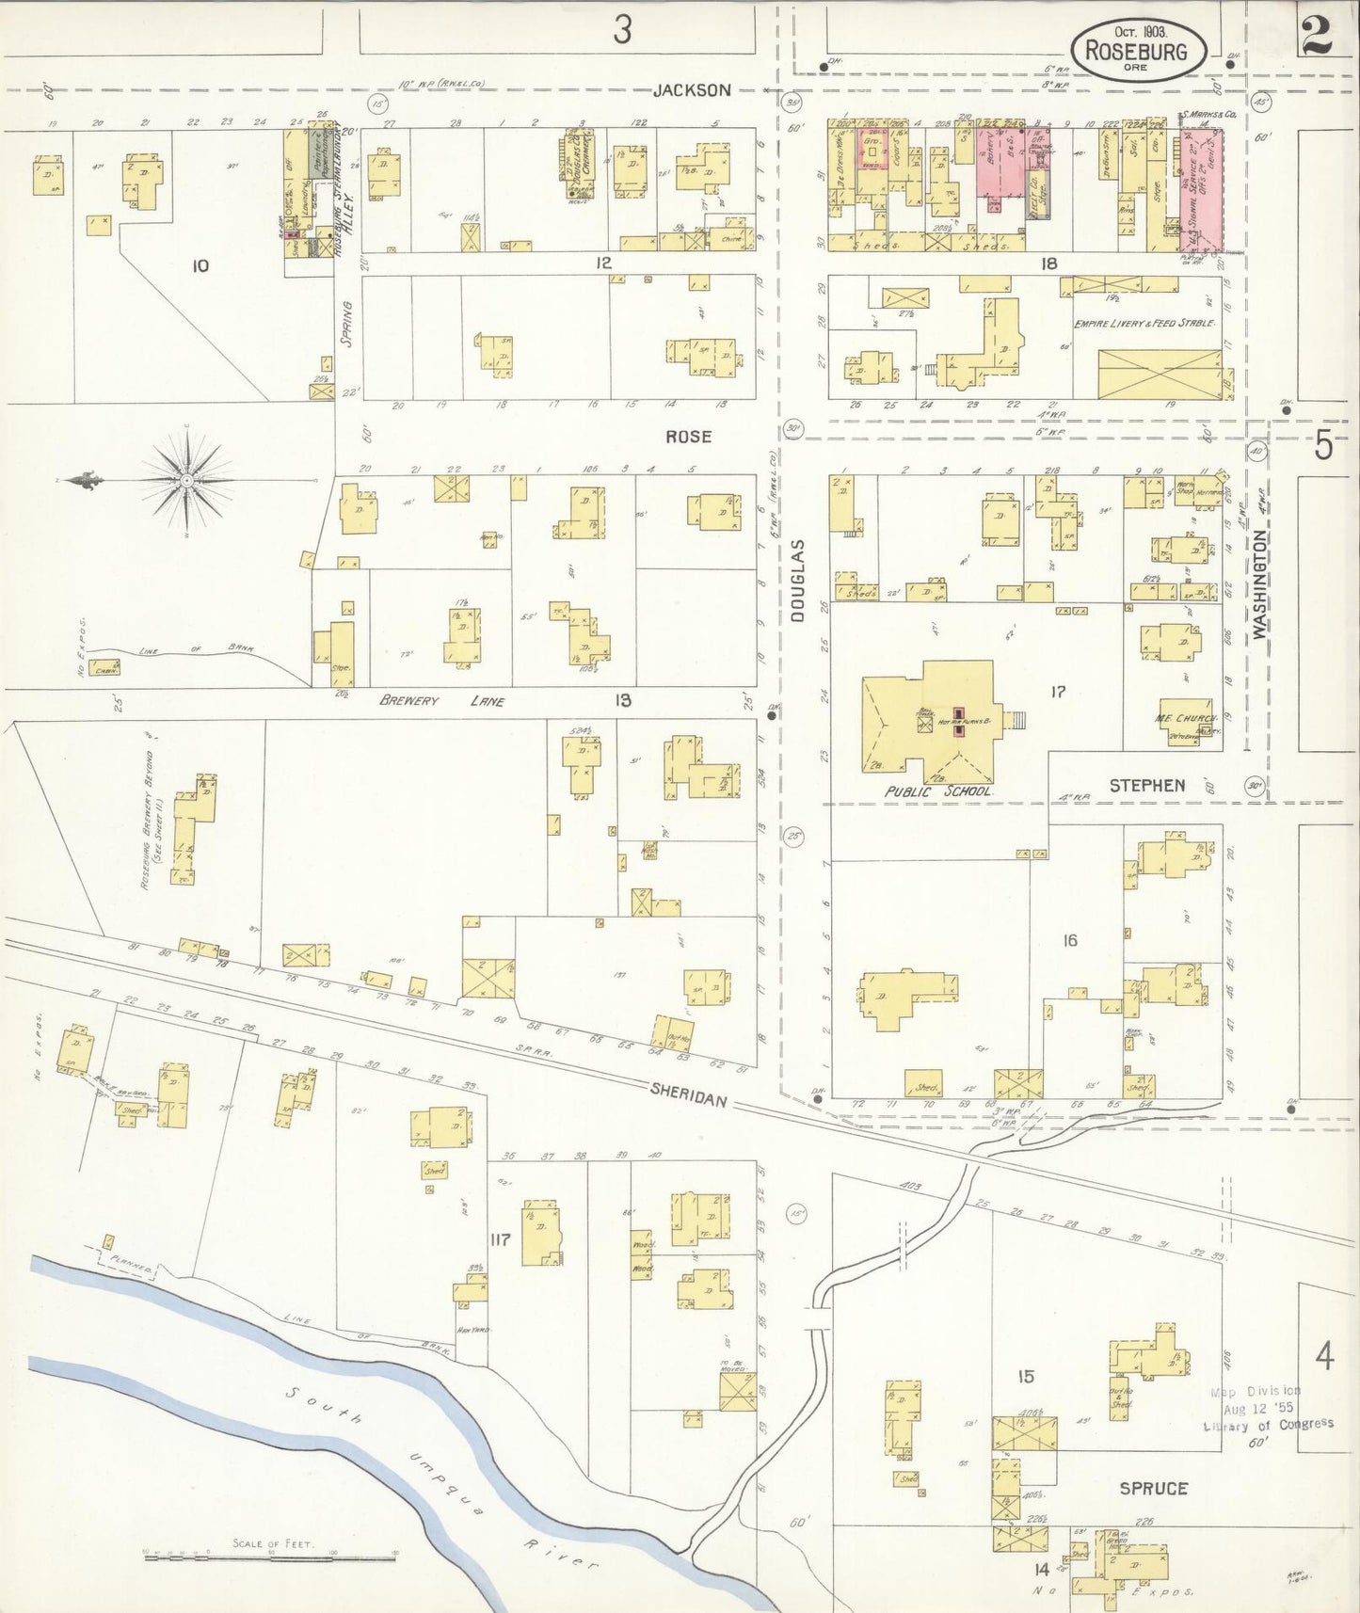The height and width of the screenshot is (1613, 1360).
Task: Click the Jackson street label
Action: click(692, 90)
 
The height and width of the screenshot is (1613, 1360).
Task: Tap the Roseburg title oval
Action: click(1139, 47)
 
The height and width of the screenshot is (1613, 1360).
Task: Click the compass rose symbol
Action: click(187, 480)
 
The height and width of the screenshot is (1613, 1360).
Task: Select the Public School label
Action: click(937, 791)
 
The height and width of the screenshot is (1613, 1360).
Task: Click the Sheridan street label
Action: click(688, 1092)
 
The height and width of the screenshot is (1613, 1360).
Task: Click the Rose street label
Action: click(688, 437)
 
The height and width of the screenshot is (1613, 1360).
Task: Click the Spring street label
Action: click(345, 325)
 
